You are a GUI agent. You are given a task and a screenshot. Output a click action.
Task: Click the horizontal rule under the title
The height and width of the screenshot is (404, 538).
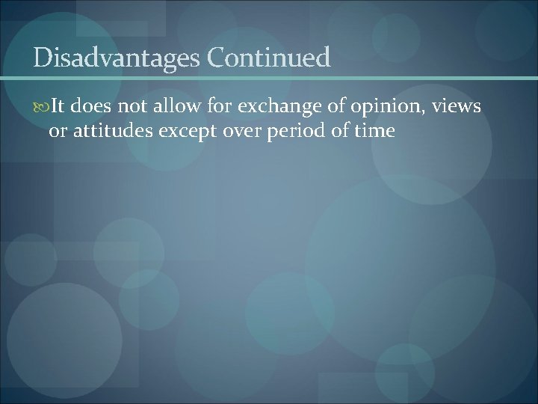tap(269, 79)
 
